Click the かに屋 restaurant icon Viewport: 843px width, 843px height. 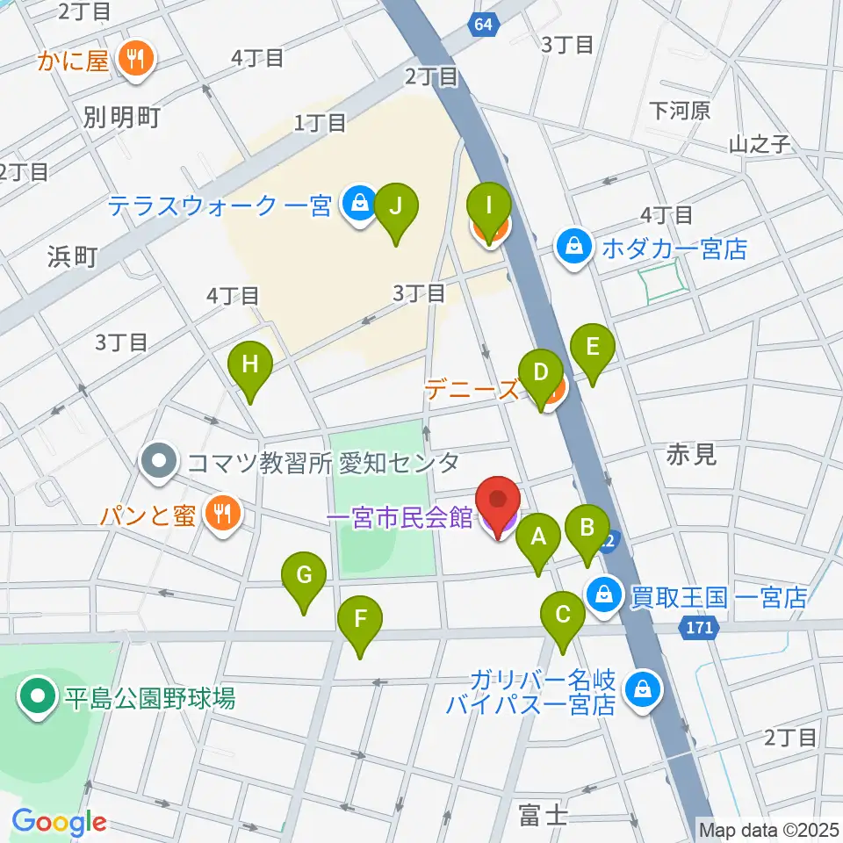click(x=136, y=61)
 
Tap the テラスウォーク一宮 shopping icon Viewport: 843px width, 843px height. click(x=358, y=205)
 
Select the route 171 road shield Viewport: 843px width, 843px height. click(x=699, y=627)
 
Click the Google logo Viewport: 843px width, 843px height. click(x=58, y=822)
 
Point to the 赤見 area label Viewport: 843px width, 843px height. click(x=692, y=454)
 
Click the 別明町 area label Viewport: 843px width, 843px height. click(x=123, y=117)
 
